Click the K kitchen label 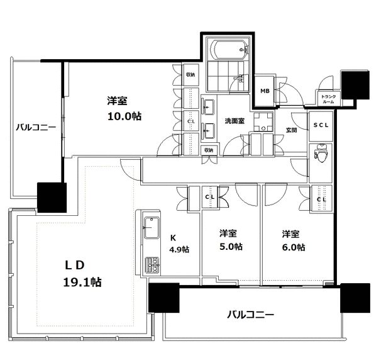(x=174, y=238)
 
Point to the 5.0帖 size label (x=231, y=247)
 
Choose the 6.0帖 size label (x=294, y=247)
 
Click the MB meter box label (x=266, y=90)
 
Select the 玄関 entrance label (x=291, y=130)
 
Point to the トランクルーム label (x=328, y=98)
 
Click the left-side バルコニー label (x=36, y=127)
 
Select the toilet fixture (x=321, y=153)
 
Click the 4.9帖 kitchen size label (x=179, y=249)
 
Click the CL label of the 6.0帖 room (x=321, y=200)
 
